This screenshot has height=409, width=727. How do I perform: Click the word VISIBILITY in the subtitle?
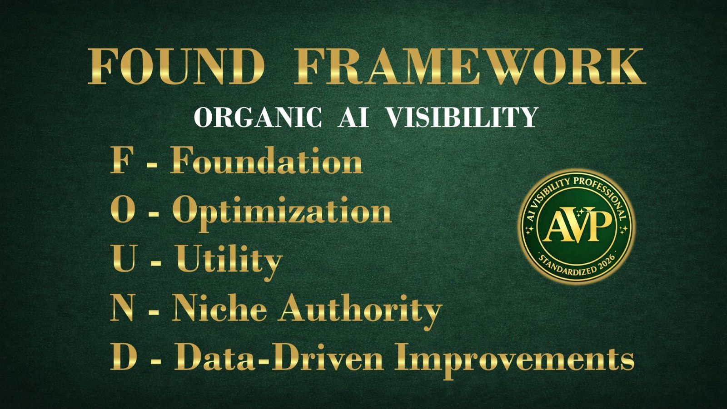point(462,117)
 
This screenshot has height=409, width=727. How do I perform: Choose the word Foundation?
point(267,162)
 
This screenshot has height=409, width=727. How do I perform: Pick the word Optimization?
point(282,212)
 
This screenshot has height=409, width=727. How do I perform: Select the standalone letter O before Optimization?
point(122,211)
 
